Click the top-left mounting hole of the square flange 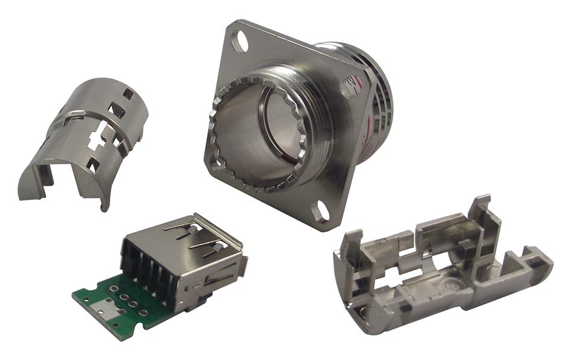coord(241,43)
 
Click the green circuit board coord(114,301)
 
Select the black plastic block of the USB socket coord(148,265)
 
